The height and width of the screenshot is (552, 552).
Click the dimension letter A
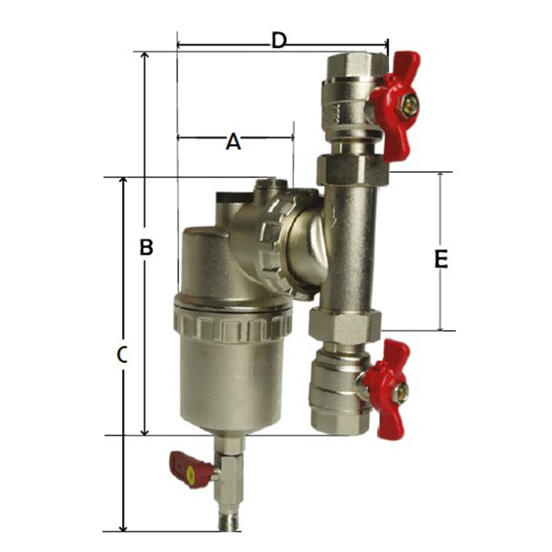click(x=233, y=142)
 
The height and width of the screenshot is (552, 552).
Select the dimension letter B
click(x=147, y=247)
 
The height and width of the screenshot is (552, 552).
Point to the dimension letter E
click(x=441, y=259)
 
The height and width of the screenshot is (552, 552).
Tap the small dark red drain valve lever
click(x=190, y=470)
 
